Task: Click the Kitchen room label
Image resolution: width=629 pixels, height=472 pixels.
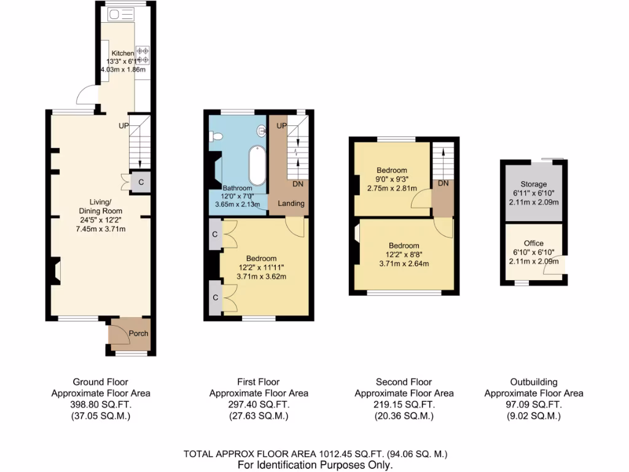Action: point(122,53)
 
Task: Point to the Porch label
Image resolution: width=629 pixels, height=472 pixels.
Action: point(138,334)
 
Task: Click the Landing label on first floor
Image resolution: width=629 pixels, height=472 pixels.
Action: point(291,203)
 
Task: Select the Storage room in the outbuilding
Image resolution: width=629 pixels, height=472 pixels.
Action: point(533,184)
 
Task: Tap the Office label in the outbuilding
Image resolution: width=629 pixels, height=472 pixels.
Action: point(533,243)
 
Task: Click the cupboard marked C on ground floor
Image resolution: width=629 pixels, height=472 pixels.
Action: point(141,182)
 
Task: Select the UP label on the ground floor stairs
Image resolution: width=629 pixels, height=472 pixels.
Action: point(124,125)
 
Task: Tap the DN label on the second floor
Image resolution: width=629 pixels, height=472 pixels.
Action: point(442,183)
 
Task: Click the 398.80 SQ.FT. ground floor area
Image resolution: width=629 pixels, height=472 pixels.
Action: point(100,405)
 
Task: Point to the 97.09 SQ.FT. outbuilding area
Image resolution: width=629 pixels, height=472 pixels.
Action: point(533,405)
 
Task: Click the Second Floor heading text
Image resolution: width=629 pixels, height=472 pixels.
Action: point(404,382)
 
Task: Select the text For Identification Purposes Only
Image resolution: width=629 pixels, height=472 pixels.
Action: point(315,465)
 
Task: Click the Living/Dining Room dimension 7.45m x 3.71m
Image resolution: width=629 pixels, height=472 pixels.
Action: point(101,229)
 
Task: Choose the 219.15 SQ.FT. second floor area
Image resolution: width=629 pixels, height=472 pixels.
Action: point(404,405)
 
